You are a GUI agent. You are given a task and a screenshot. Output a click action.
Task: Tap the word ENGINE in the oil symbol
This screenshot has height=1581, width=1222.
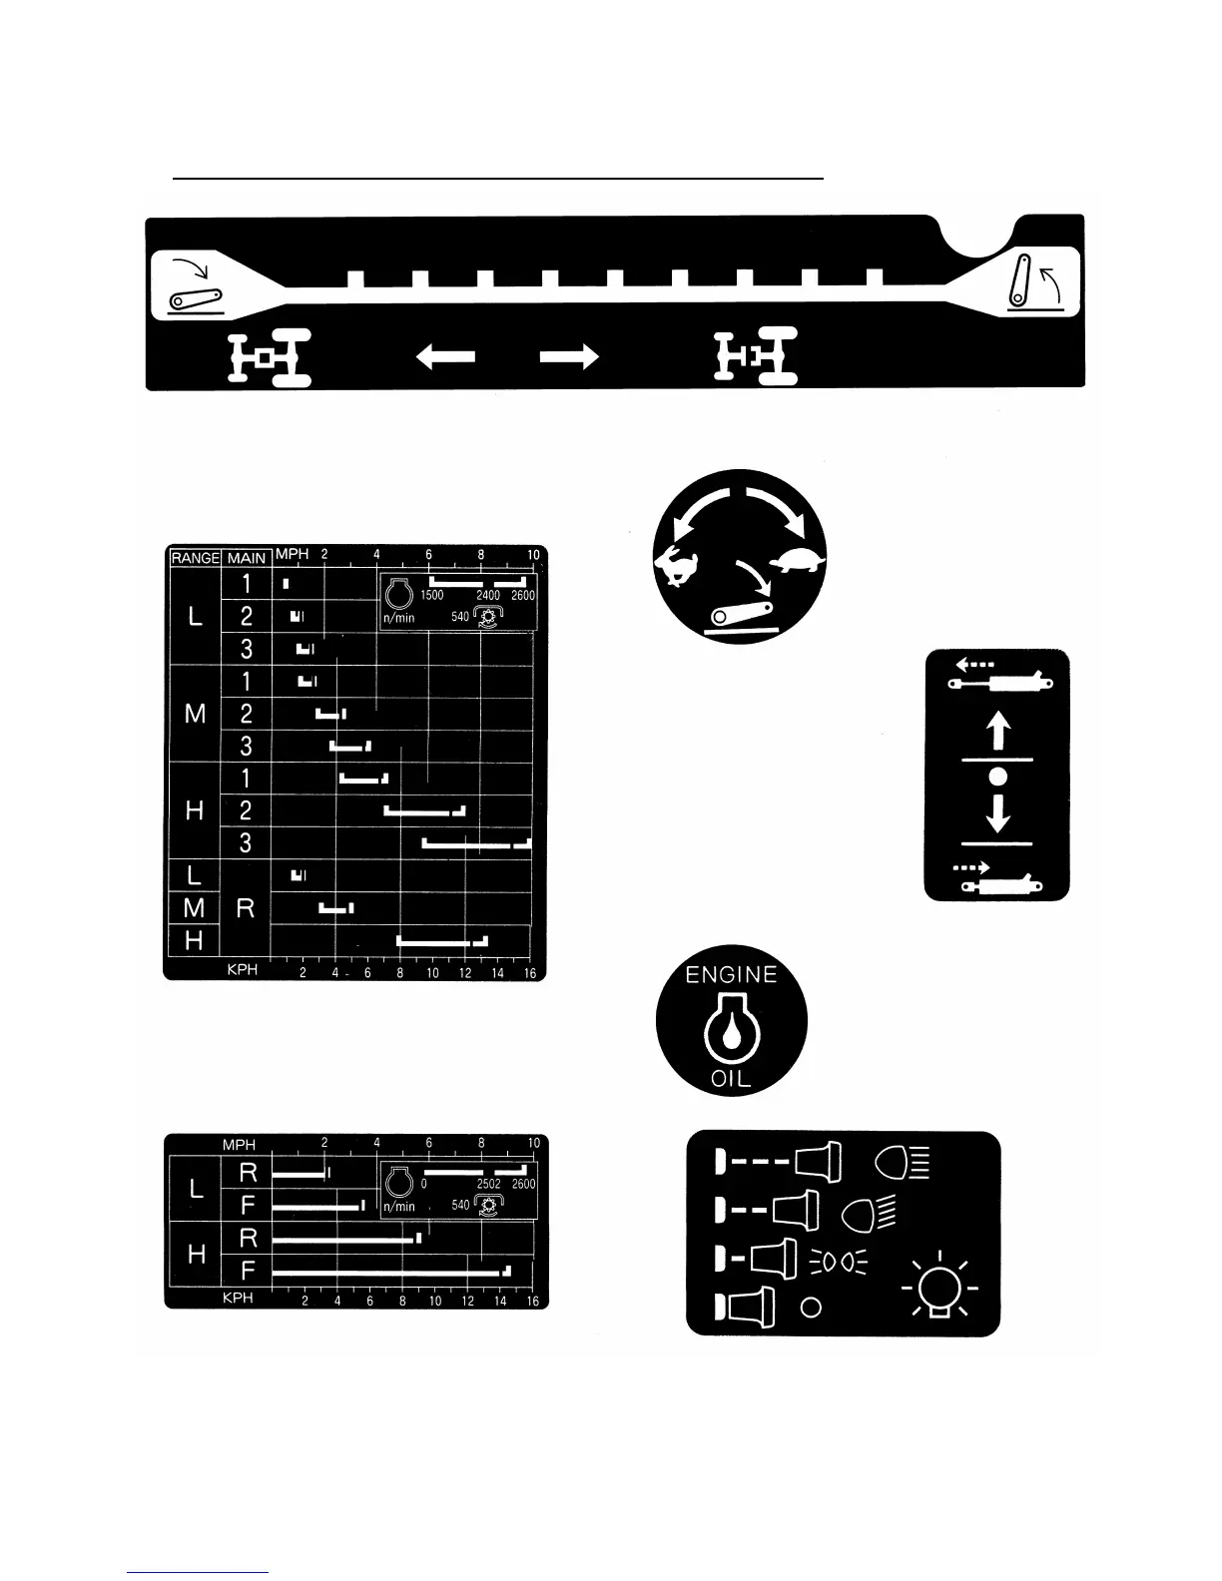[731, 975]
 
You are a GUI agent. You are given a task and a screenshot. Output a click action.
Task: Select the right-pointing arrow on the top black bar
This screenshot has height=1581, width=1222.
[569, 356]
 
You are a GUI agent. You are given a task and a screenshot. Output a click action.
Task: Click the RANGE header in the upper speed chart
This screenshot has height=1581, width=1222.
[195, 558]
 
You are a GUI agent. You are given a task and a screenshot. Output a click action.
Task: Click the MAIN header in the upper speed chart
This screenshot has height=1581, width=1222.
[246, 558]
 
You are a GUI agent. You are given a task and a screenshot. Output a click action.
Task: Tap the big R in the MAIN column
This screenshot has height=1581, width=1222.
[246, 908]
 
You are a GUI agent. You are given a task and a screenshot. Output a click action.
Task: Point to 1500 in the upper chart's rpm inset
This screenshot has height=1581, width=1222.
[431, 596]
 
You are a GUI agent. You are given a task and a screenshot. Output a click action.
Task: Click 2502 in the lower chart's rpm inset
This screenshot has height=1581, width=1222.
[488, 1185]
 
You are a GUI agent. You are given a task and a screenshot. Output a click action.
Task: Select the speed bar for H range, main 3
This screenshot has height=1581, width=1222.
[476, 844]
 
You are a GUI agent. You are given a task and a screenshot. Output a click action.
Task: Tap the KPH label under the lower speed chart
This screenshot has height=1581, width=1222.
[238, 1299]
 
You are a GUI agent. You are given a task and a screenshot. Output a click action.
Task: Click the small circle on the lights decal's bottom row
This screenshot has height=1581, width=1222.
[812, 1307]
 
